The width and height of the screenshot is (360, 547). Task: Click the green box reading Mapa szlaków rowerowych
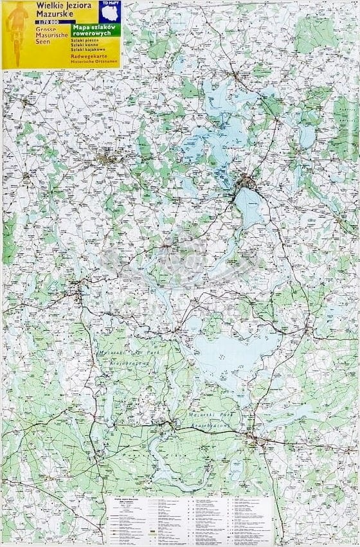pos(95,31)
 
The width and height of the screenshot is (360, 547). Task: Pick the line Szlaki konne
pos(85,44)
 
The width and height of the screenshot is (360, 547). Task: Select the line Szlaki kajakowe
pos(87,49)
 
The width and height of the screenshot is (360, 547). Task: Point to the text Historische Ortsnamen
pos(95,62)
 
